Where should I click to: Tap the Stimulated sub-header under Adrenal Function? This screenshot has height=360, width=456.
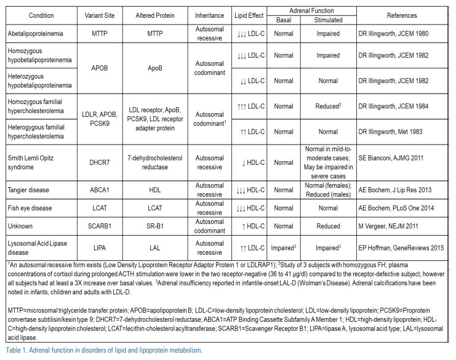pyautogui.click(x=327, y=20)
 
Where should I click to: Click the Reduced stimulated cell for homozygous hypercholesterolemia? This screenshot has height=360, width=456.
pyautogui.click(x=327, y=106)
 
